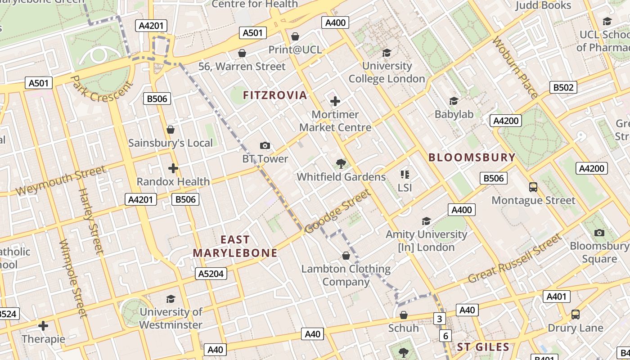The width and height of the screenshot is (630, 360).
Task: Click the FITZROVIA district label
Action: [275, 95]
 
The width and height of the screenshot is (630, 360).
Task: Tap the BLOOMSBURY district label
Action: [472, 157]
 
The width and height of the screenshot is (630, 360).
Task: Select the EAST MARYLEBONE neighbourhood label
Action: [235, 246]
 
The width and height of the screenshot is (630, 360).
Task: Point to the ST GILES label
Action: [483, 347]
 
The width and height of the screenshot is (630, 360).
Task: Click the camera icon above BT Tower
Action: [265, 145]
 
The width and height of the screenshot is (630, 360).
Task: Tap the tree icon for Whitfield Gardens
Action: [341, 163]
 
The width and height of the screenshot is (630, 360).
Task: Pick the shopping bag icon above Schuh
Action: [404, 315]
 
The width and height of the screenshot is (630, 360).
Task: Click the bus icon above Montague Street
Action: [533, 187]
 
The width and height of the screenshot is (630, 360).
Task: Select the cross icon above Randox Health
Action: [173, 168]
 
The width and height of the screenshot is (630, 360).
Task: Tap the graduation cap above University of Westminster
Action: [171, 299]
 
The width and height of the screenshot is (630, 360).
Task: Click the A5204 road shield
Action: [211, 274]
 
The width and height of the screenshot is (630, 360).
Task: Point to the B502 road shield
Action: [563, 87]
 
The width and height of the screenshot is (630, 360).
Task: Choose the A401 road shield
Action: [557, 297]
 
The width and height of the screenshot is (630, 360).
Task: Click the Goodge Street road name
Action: [337, 211]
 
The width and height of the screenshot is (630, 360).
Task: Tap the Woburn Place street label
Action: [515, 67]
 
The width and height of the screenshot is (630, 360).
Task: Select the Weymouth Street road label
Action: [60, 180]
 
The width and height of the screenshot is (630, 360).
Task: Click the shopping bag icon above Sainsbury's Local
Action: [170, 130]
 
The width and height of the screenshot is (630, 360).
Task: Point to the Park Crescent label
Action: [102, 89]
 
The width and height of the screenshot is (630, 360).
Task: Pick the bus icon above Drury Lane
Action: [575, 314]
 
